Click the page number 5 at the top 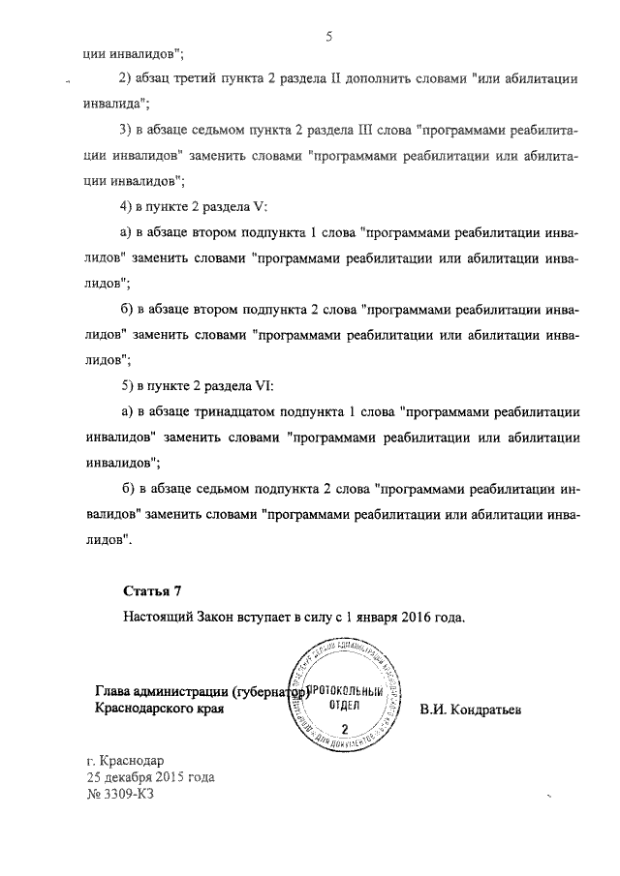tap(328, 37)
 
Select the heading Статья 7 tap(152, 589)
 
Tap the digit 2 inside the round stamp tap(344, 727)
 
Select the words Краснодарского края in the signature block tap(159, 710)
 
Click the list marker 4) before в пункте tap(125, 207)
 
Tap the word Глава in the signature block tap(113, 691)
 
